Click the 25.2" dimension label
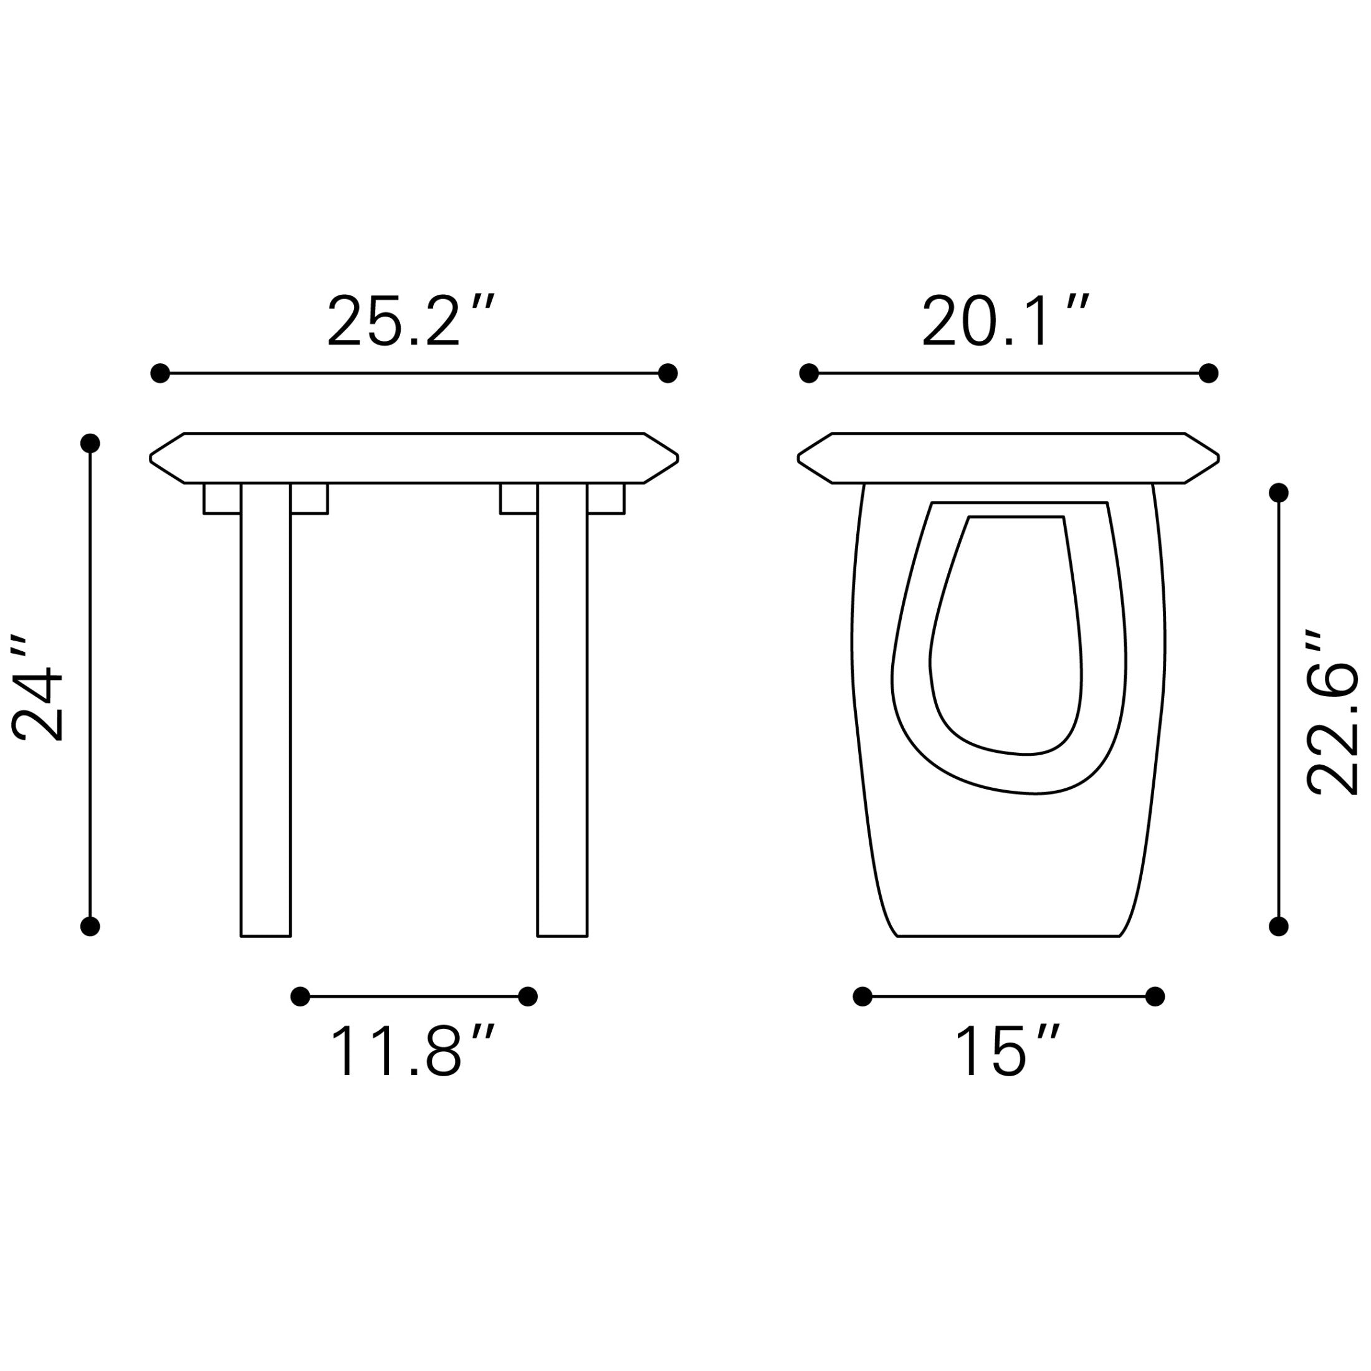[x=409, y=321]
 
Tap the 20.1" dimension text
[x=1005, y=321]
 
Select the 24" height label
[x=37, y=687]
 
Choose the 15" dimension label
[x=1007, y=1050]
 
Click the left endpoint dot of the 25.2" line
[x=160, y=373]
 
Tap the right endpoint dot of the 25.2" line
[x=668, y=373]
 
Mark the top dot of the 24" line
[x=90, y=444]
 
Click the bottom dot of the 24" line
[x=90, y=926]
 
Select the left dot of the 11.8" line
[x=300, y=996]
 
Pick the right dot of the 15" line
[x=1155, y=996]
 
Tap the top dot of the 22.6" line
[x=1279, y=492]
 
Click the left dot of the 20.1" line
[x=809, y=373]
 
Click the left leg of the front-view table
[x=265, y=710]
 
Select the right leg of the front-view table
[x=562, y=710]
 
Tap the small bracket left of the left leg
[x=222, y=499]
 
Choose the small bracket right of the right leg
[x=606, y=499]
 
